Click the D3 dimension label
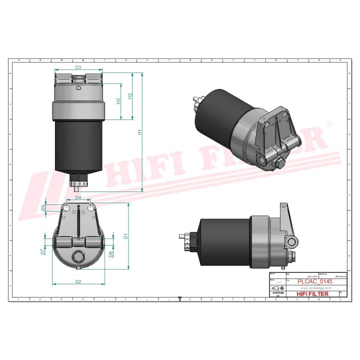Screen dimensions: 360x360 pyautogui.click(x=78, y=67)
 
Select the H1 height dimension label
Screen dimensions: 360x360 pyautogui.click(x=140, y=132)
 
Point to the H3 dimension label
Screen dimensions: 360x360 pyautogui.click(x=118, y=101)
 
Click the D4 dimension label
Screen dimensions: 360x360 pyautogui.click(x=78, y=198)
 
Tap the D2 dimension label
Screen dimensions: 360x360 pyautogui.click(x=78, y=282)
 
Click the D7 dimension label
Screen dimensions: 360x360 pyautogui.click(x=43, y=252)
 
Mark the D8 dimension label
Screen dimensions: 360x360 pyautogui.click(x=110, y=253)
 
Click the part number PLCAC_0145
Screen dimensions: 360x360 pyautogui.click(x=314, y=282)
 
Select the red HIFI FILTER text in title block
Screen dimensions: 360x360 pyautogui.click(x=312, y=294)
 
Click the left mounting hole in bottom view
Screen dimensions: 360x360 pyautogui.click(x=67, y=207)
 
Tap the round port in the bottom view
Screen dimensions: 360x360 pyautogui.click(x=78, y=257)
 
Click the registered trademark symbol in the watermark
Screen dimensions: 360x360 pyautogui.click(x=328, y=123)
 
